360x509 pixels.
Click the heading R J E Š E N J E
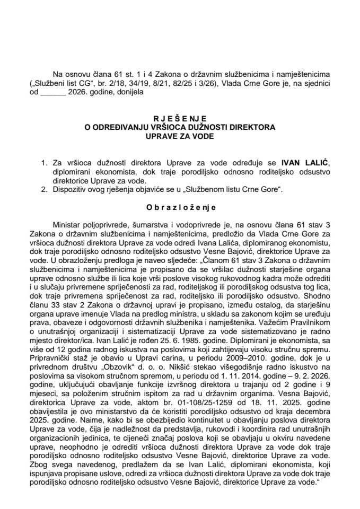[179, 119]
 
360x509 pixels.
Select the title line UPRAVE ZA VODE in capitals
[179, 135]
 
